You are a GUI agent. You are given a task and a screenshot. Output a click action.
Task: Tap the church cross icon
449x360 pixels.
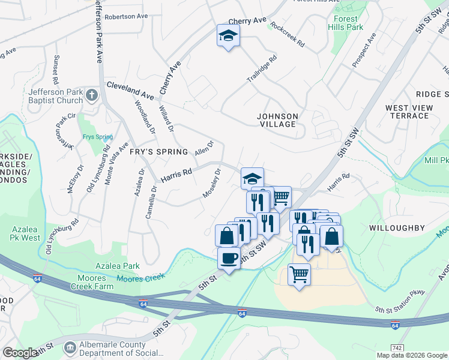[x=91, y=95]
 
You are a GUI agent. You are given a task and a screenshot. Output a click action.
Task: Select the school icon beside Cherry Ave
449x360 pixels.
[x=228, y=35]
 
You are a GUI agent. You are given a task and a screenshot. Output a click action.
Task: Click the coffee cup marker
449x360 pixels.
[x=228, y=259]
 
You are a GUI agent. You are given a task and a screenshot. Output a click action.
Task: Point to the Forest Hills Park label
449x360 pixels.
[x=345, y=23]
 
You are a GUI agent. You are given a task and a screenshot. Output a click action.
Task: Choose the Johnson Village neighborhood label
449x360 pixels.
[x=277, y=120]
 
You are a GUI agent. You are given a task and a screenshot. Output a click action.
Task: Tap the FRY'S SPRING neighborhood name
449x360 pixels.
[x=159, y=152]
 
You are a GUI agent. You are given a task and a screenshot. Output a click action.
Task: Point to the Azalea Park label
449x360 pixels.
[x=118, y=266]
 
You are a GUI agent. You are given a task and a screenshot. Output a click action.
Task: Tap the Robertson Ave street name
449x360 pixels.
[x=126, y=17]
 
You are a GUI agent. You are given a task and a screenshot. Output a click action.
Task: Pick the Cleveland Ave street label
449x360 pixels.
[x=130, y=89]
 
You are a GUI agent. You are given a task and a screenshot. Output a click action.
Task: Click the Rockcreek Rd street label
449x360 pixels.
[x=288, y=35]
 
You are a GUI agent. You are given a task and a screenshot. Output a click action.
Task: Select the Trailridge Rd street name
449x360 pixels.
[x=262, y=69]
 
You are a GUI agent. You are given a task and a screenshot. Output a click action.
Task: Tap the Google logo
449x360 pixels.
[x=20, y=353]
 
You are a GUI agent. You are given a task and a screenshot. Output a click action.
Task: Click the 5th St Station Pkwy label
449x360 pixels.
[x=400, y=302]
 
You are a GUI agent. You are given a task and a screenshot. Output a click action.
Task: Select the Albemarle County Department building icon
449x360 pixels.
[x=70, y=347]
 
